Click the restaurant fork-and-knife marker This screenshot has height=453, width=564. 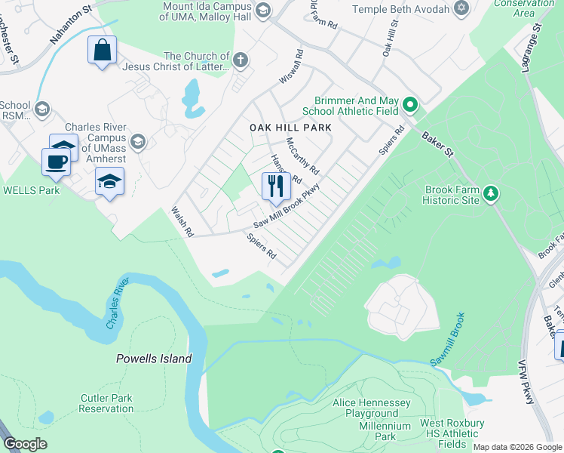[x=276, y=186]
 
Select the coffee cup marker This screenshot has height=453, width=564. [x=57, y=161]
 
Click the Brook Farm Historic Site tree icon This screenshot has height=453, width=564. [x=491, y=194]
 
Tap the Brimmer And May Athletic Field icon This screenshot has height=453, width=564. [x=409, y=104]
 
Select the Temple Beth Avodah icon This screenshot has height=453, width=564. [x=461, y=8]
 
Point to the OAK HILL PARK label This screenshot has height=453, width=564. [x=290, y=128]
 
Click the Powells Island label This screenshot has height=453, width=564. [x=154, y=359]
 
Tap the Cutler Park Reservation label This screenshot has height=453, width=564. [x=106, y=403]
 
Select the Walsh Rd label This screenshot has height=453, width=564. [x=182, y=223]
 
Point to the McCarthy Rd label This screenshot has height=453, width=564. [x=302, y=156]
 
